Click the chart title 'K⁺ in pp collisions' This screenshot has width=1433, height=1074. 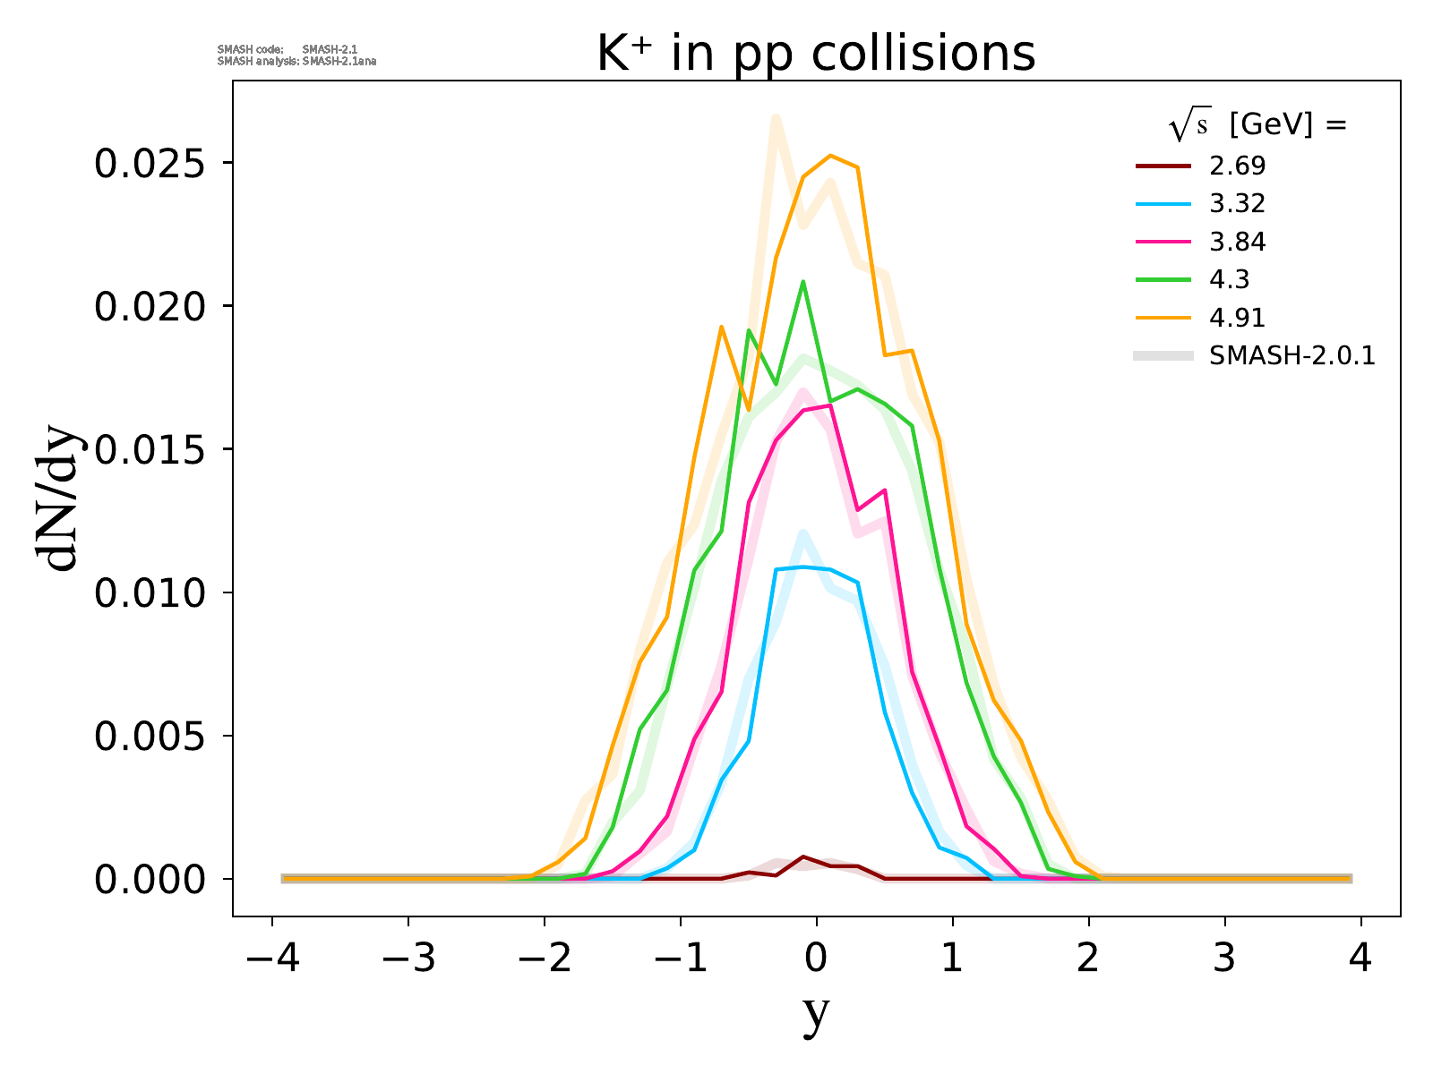[816, 54]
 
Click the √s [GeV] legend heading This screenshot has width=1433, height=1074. [1257, 126]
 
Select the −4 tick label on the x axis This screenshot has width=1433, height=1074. [271, 959]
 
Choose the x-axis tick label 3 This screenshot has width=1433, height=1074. [1224, 959]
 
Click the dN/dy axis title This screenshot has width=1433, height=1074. [59, 501]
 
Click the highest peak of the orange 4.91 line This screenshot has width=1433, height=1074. [831, 156]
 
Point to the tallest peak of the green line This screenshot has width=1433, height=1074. [803, 282]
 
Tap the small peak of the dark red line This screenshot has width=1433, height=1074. [803, 857]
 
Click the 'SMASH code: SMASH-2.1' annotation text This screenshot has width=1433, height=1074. [287, 49]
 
